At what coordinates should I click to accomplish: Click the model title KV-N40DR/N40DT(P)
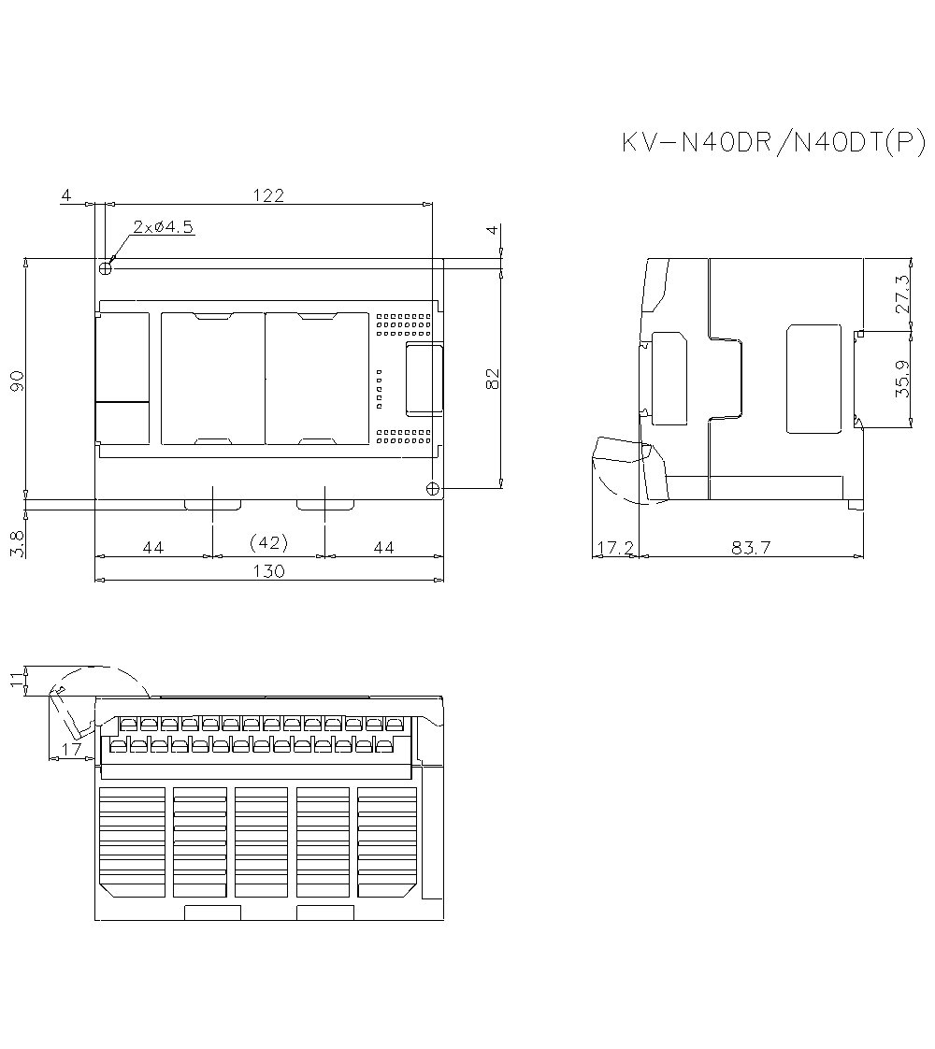[773, 142]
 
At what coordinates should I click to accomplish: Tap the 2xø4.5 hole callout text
[164, 226]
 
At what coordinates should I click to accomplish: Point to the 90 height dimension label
[17, 381]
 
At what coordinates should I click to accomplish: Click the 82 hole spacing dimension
[493, 378]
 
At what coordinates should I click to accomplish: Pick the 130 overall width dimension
[269, 570]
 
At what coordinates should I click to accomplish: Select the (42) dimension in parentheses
[269, 542]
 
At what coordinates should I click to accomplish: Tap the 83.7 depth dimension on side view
[751, 548]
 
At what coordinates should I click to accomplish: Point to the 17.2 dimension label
[615, 548]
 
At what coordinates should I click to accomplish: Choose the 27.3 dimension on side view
[902, 294]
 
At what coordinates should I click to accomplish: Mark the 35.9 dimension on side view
[902, 380]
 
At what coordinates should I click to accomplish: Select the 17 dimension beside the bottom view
[69, 749]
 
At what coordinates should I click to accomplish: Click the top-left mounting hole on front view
[106, 268]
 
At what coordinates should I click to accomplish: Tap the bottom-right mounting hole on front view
[432, 488]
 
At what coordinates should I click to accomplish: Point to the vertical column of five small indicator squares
[379, 389]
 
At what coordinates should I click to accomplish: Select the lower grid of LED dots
[404, 436]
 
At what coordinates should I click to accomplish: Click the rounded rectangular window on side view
[813, 379]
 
